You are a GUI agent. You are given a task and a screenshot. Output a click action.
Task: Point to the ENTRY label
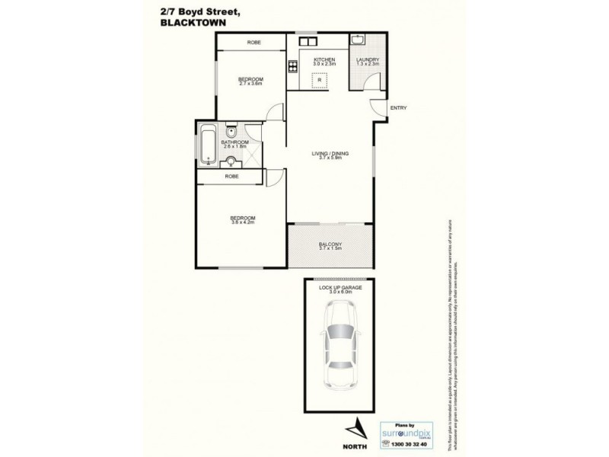coord(398,107)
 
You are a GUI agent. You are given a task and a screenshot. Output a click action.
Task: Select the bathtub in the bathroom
coord(208,144)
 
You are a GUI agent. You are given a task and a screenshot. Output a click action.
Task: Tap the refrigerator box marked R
coord(320,79)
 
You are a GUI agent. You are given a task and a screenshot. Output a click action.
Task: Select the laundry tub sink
coord(357,40)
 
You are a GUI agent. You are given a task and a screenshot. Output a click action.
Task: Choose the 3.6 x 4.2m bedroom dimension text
coord(242,222)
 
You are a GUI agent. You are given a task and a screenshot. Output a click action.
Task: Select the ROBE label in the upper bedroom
coord(254,43)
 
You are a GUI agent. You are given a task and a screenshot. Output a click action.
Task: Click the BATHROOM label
coord(235,142)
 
